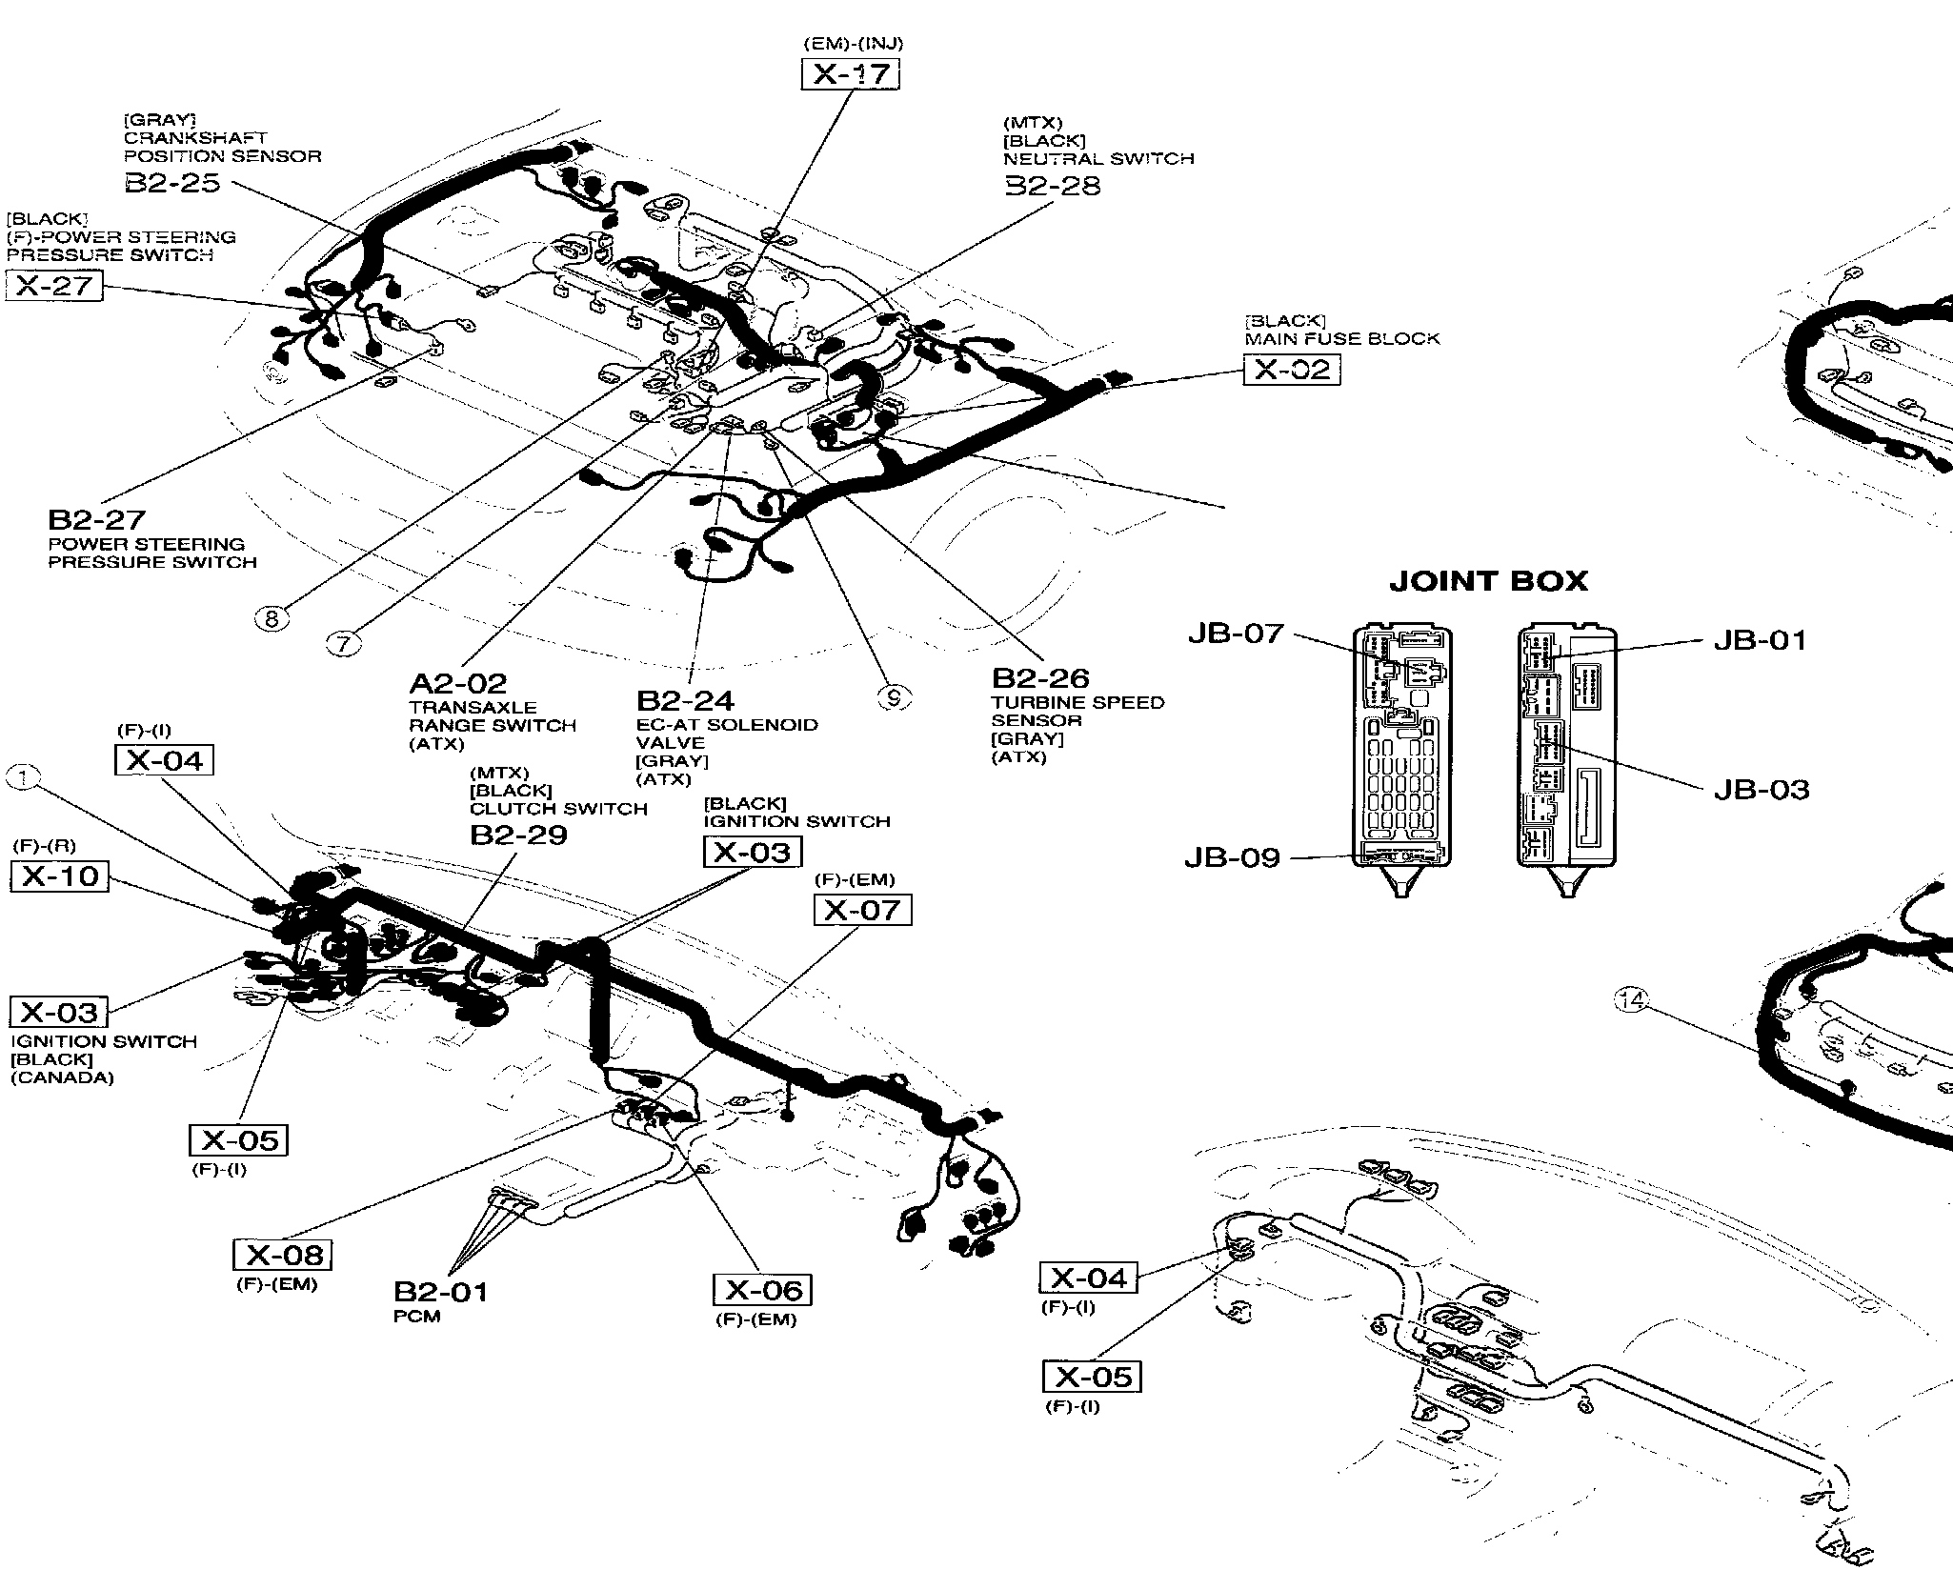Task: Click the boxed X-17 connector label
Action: [850, 74]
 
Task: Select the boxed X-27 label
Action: [54, 285]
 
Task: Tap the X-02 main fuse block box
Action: [1291, 370]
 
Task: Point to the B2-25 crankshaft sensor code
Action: [172, 183]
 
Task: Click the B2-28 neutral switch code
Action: [1053, 185]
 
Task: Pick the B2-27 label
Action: [96, 519]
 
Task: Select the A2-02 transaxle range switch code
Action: [457, 683]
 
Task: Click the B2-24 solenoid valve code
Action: [685, 701]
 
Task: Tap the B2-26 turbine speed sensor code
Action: [1040, 678]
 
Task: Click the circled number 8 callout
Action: [272, 619]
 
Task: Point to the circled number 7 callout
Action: [344, 644]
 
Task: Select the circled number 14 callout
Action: [1631, 1000]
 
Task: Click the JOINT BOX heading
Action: [1488, 581]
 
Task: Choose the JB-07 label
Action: [1235, 634]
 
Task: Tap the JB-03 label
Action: [1761, 790]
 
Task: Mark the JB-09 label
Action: [1232, 858]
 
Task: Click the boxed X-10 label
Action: [60, 876]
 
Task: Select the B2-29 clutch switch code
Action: [518, 835]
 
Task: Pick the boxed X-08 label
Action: [283, 1255]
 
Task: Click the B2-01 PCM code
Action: [440, 1293]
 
